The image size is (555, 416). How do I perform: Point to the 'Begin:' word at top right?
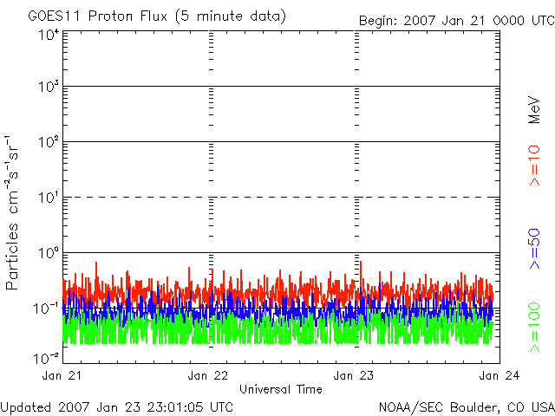(379, 20)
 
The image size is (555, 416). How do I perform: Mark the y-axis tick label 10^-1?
(47, 308)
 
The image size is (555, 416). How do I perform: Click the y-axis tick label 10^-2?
(47, 357)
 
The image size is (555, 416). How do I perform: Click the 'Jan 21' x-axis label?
(63, 375)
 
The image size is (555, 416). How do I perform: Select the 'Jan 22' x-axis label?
(209, 375)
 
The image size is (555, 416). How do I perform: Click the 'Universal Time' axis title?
(281, 389)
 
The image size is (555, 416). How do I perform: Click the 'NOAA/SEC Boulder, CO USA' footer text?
(466, 406)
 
